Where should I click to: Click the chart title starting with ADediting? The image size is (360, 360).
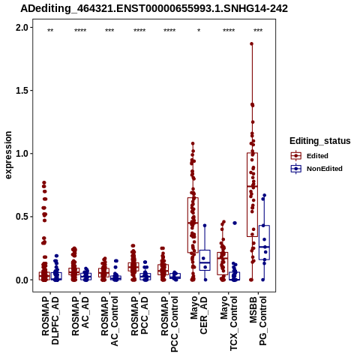click(x=154, y=9)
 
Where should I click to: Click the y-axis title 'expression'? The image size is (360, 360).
click(x=8, y=155)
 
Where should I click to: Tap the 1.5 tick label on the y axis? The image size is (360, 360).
click(x=22, y=91)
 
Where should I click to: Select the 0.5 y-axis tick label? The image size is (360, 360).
click(x=22, y=217)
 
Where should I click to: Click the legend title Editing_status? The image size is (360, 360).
click(x=320, y=141)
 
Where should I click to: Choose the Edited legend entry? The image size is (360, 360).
click(x=310, y=156)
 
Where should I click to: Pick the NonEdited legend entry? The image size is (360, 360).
click(x=316, y=169)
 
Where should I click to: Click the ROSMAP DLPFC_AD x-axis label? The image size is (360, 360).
click(x=50, y=320)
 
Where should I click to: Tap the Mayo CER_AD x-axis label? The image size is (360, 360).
click(x=199, y=315)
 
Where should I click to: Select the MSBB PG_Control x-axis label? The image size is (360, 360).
click(x=258, y=321)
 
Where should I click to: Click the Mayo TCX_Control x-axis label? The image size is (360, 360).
click(x=229, y=323)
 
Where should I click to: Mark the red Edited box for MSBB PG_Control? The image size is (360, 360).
click(x=252, y=195)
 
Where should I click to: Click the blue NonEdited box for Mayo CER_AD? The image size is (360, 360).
click(x=205, y=260)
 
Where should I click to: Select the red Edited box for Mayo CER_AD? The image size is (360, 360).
click(x=193, y=225)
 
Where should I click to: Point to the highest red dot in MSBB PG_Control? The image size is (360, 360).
click(x=252, y=43)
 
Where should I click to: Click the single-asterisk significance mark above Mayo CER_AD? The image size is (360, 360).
click(x=199, y=31)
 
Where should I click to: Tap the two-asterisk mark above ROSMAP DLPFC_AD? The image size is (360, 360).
click(x=50, y=31)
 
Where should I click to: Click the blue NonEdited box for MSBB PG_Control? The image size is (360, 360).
click(x=264, y=242)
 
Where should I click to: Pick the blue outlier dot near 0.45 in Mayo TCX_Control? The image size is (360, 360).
click(x=235, y=223)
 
